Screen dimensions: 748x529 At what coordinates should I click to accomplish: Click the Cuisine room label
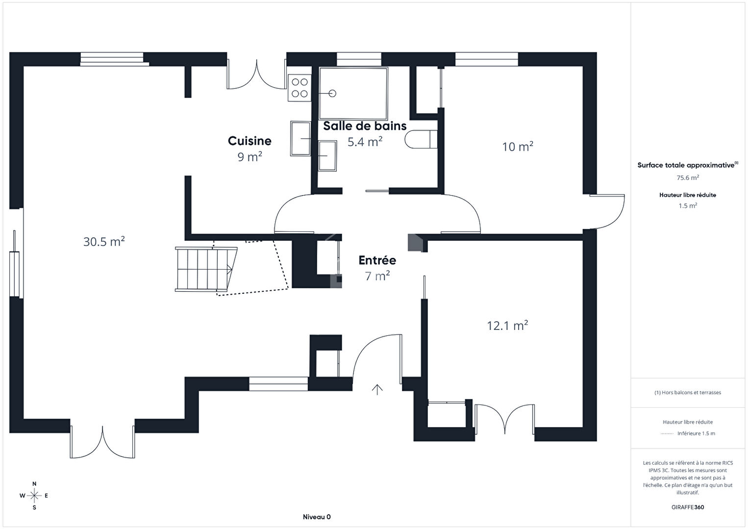tap(249, 141)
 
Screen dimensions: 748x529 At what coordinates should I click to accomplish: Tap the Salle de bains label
tap(365, 126)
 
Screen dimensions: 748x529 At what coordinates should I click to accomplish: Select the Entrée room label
tap(377, 260)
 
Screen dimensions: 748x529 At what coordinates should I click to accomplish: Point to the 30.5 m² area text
tap(104, 241)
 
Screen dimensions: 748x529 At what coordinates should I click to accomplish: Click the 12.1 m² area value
tap(507, 326)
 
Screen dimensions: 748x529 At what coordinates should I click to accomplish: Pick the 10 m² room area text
tap(518, 147)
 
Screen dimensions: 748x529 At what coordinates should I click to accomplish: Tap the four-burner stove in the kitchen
tap(299, 88)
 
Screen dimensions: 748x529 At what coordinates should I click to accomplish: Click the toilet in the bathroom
tap(421, 139)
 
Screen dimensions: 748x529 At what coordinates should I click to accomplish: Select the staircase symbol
tap(206, 269)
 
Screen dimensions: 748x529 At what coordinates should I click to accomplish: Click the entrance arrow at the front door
tap(377, 390)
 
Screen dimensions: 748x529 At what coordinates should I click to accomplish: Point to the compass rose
tap(34, 496)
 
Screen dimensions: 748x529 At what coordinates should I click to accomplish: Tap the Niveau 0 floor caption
tap(317, 517)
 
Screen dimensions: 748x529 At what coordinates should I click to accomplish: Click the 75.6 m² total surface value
tap(688, 177)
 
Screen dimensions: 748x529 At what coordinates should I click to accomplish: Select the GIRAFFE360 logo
tap(688, 507)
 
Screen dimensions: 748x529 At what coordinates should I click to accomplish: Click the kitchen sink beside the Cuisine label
tap(300, 138)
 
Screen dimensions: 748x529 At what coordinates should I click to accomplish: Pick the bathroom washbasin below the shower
tap(327, 156)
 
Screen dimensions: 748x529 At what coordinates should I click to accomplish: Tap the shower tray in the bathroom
tap(353, 93)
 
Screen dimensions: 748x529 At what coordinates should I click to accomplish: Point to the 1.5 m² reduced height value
tap(688, 206)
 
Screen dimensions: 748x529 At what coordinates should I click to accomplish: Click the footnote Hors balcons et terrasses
tap(688, 392)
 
